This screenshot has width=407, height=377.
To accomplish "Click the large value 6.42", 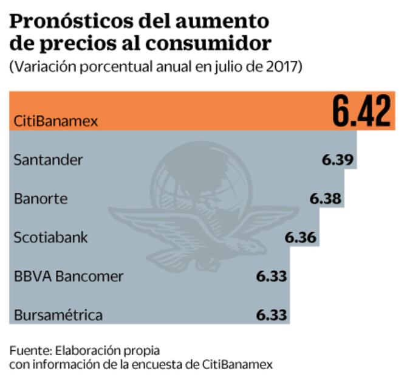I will (x=361, y=110).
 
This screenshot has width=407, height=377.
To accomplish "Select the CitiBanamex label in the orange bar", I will (x=55, y=120).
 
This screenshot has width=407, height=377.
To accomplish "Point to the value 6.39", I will (x=338, y=161).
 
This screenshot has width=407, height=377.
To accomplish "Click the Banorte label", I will (x=41, y=199).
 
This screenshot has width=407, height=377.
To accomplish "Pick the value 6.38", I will (x=325, y=199).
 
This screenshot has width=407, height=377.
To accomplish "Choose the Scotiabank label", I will (x=50, y=237).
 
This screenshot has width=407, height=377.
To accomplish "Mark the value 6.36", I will (x=300, y=237).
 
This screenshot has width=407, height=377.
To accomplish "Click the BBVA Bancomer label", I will (x=68, y=276).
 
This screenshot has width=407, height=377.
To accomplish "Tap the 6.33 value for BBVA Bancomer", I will (x=271, y=276).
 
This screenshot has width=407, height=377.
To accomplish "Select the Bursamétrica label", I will (x=58, y=315).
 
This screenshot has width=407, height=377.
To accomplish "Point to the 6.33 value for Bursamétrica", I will (x=271, y=315).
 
